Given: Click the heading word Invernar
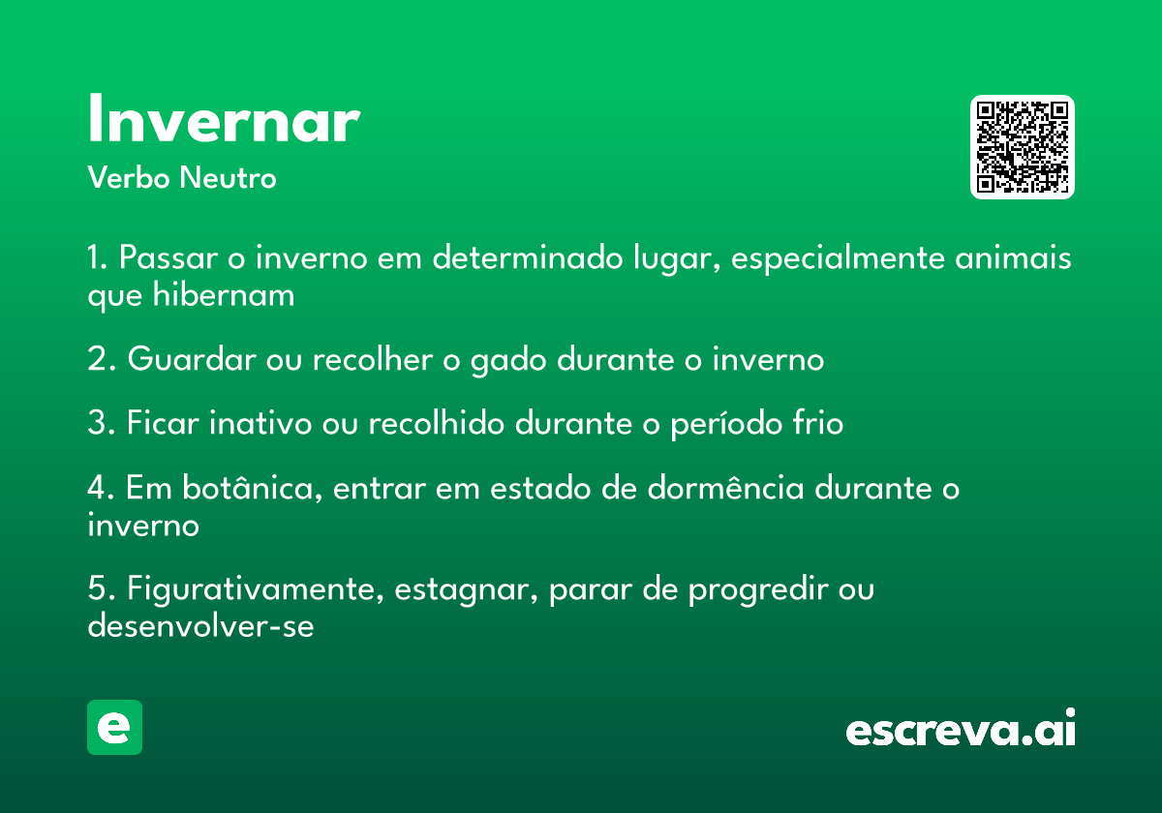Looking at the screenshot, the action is (x=224, y=118).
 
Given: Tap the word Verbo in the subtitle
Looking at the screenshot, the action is (x=129, y=178).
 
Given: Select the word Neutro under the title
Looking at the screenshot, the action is (x=228, y=178).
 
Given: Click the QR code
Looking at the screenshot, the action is (x=1022, y=147).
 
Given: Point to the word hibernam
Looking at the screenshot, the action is (x=224, y=294).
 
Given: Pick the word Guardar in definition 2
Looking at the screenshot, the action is (x=192, y=359).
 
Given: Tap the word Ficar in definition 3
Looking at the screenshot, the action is (x=163, y=423).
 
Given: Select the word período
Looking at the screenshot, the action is (x=726, y=424).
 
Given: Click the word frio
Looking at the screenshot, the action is (x=817, y=423).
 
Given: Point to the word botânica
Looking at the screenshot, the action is (x=252, y=488).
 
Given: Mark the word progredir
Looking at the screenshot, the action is (x=758, y=590).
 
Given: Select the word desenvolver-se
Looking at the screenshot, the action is (x=200, y=625).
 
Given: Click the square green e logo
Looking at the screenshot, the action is (x=114, y=727).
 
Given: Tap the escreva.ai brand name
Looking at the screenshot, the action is (x=961, y=728).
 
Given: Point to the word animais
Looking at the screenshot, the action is (x=1013, y=257).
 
